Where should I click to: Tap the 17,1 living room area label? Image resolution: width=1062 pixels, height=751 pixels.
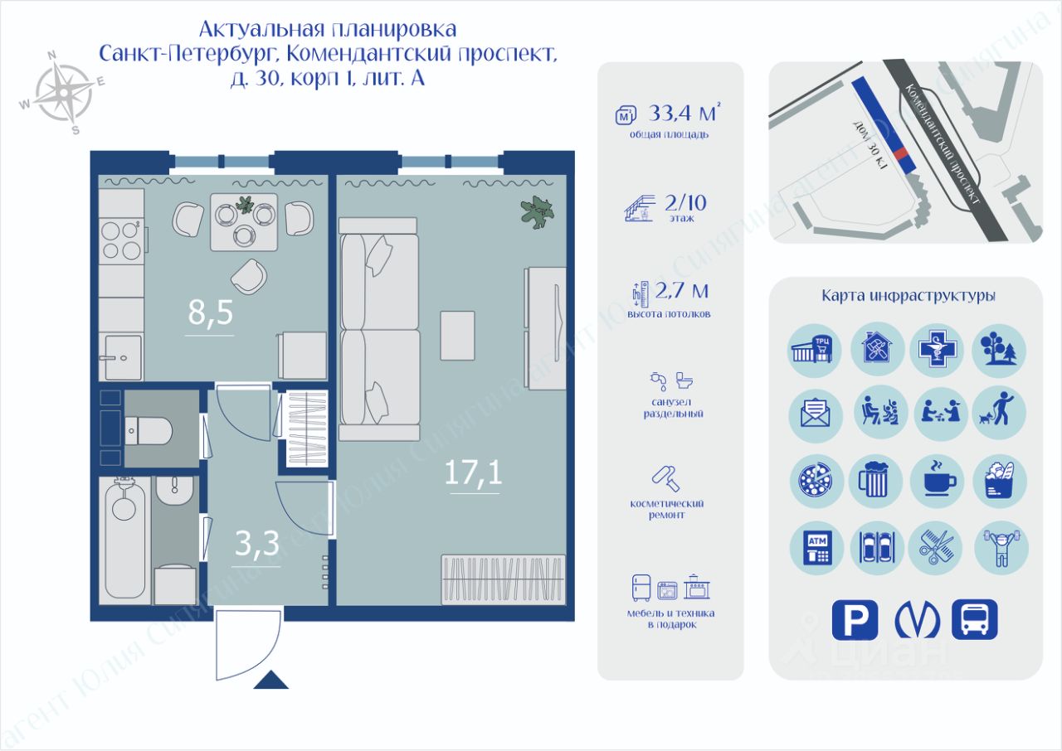click(x=474, y=473)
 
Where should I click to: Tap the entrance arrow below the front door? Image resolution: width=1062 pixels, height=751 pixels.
click(x=270, y=681)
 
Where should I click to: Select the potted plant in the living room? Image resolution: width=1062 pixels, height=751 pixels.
click(x=537, y=211)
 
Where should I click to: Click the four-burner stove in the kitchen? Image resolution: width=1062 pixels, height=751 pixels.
click(x=120, y=240)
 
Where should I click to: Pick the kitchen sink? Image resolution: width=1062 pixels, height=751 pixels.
click(x=120, y=357)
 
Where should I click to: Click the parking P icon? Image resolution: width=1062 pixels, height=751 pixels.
click(x=855, y=620)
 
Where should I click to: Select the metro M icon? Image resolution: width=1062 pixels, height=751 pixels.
click(x=916, y=620)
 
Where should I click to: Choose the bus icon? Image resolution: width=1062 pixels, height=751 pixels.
click(x=975, y=620)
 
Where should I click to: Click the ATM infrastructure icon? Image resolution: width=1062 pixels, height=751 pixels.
click(x=816, y=548)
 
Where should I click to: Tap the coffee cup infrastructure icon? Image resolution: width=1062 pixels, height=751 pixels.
click(x=938, y=481)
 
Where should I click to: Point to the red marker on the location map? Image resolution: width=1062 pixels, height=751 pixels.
click(x=901, y=158)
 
